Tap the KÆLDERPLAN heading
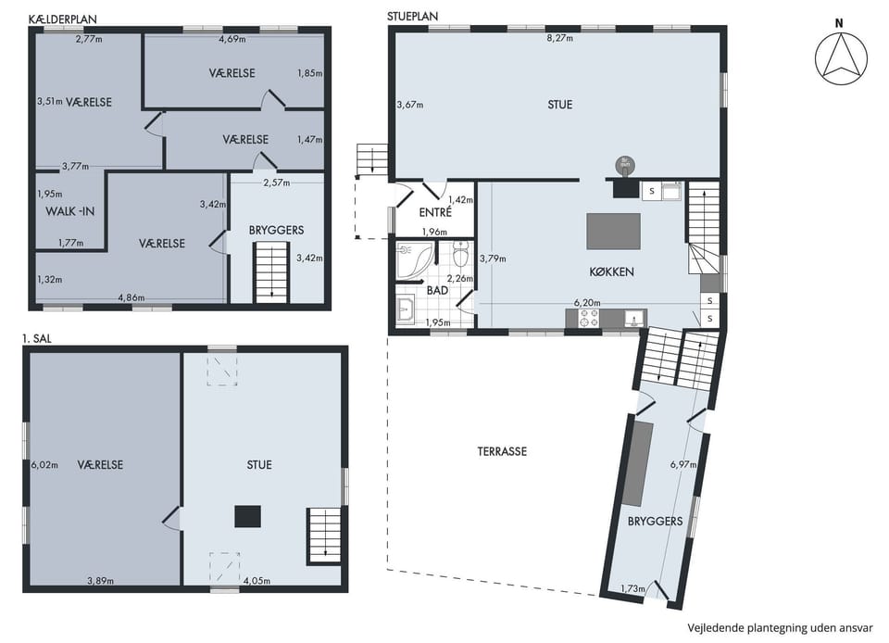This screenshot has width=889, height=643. point(62,19)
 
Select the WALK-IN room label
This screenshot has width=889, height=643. point(69,211)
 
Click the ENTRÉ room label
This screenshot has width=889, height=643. point(435,212)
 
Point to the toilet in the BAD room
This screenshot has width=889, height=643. point(461,255)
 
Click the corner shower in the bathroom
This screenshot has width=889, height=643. point(414,259)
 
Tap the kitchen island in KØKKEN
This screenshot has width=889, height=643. point(613,232)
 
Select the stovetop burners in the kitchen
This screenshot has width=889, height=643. point(588,318)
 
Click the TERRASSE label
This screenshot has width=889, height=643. point(502,451)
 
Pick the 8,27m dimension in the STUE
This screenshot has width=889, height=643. point(559,38)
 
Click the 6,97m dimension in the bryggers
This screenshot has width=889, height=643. point(683,464)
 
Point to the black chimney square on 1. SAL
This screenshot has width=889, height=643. point(248,517)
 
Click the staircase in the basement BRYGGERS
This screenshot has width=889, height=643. point(271,272)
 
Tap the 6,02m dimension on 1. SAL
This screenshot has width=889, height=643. point(44,465)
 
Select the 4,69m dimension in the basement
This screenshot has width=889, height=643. point(232,39)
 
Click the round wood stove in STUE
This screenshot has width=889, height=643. point(625,166)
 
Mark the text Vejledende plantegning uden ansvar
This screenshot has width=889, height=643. point(780,627)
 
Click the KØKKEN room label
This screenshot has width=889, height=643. point(612,271)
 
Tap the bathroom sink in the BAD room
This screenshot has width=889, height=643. point(406,310)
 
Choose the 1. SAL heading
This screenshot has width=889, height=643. point(37,338)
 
